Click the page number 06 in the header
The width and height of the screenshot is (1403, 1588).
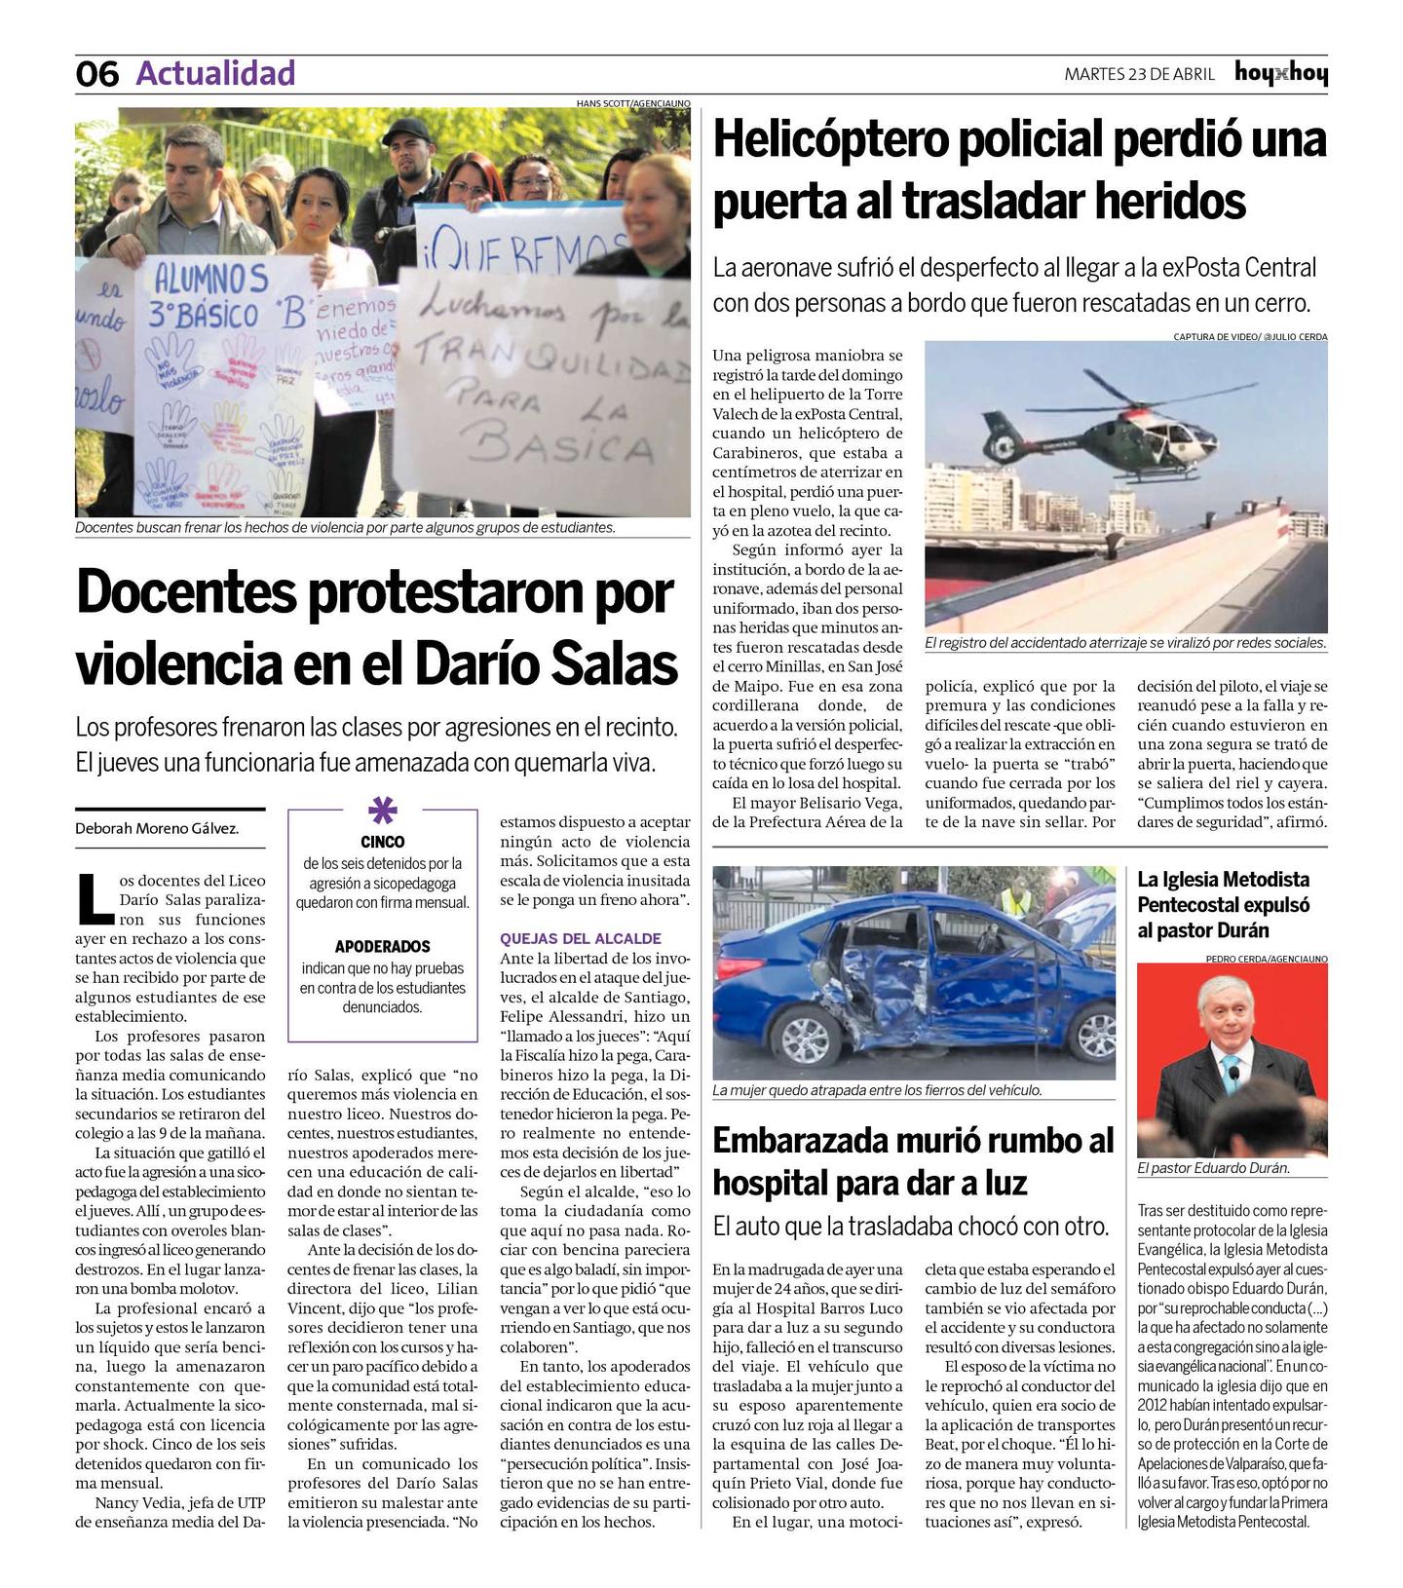tap(97, 74)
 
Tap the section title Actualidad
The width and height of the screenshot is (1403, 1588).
tap(215, 73)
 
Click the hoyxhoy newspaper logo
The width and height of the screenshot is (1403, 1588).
tap(1280, 73)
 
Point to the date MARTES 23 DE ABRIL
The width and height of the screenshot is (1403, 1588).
tap(1139, 74)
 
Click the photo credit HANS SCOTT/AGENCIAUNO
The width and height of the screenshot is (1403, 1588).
tap(632, 103)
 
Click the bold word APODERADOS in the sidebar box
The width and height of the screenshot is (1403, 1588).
tap(382, 946)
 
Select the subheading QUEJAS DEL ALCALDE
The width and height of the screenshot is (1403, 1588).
tap(581, 938)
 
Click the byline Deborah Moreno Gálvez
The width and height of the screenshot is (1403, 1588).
tap(157, 828)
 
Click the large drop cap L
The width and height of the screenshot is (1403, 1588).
tap(95, 898)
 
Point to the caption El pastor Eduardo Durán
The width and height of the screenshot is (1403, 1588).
tap(1212, 1167)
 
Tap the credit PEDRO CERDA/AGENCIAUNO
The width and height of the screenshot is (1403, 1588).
tap(1266, 959)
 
